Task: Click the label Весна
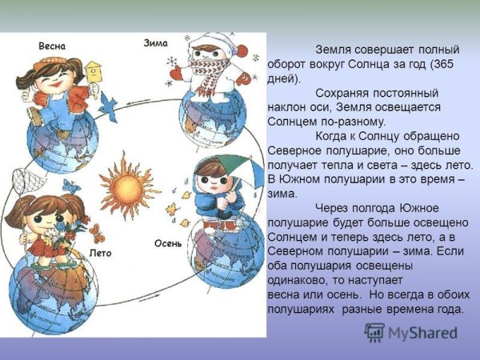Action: tap(52, 46)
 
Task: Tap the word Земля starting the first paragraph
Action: tap(334, 49)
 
